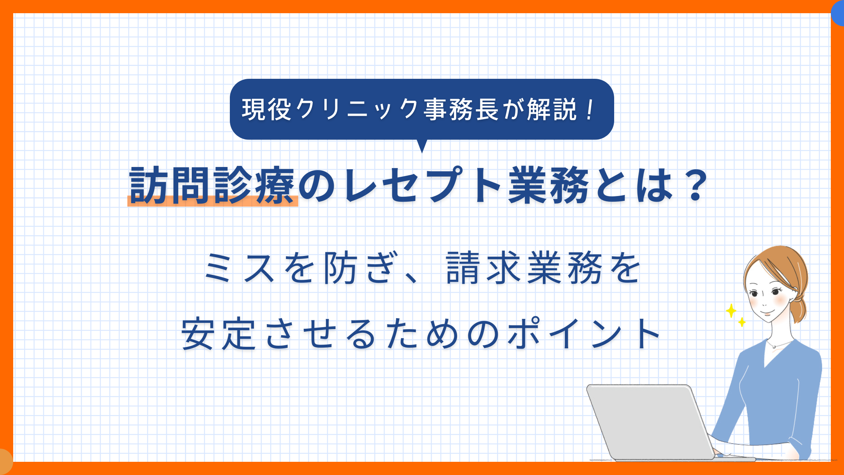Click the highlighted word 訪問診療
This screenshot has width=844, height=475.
tap(212, 185)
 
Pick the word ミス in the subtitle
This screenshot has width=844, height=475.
tap(239, 268)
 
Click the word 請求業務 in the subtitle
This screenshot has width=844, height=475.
tap(524, 268)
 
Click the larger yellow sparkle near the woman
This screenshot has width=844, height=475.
tap(731, 311)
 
